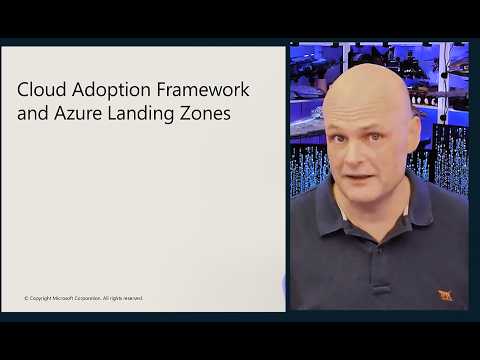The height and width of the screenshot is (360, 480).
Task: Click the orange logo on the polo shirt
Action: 445,294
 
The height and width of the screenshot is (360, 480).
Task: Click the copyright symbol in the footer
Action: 26,298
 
